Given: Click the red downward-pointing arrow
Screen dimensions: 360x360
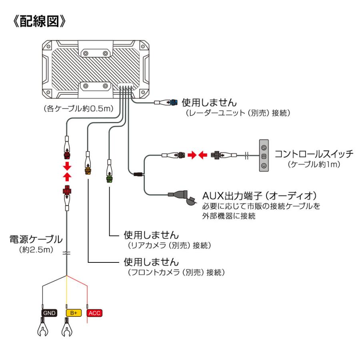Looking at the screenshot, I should click(x=67, y=166).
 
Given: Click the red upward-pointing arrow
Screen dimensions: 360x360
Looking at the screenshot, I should click(x=67, y=176).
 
